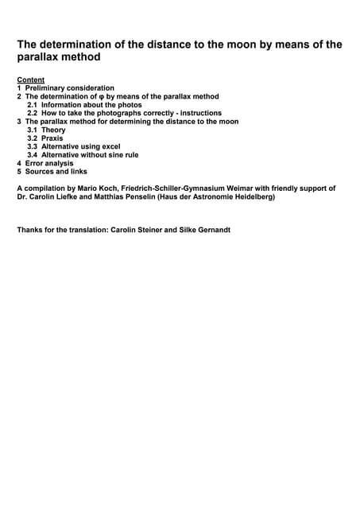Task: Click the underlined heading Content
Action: (30, 80)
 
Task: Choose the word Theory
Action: (54, 130)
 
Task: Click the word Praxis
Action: (52, 138)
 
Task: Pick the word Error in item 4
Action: (36, 163)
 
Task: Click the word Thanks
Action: (29, 231)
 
